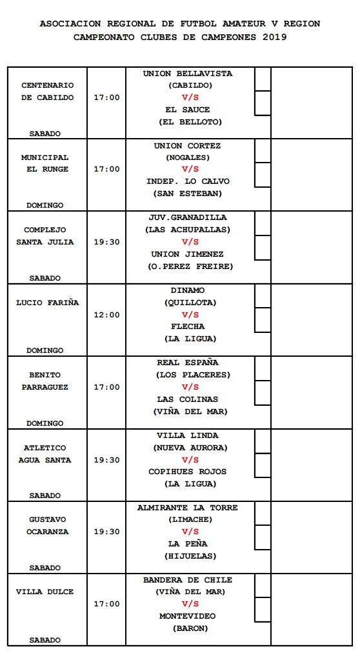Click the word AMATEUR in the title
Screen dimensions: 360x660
coord(235,23)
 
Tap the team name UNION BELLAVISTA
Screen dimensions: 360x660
coord(188,74)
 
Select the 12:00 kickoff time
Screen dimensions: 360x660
coord(106,315)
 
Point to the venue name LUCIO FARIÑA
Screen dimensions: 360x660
coord(48,303)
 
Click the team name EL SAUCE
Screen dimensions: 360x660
coord(188,110)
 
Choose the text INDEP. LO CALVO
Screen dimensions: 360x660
coord(188,181)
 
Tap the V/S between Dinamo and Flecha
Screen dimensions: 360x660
coord(190,315)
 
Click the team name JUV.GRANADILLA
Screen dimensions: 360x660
coord(188,217)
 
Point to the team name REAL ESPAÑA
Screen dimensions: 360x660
coord(188,363)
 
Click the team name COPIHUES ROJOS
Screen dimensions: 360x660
coord(188,472)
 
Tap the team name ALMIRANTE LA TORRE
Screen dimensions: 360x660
coord(188,508)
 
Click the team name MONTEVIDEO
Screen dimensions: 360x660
coord(188,616)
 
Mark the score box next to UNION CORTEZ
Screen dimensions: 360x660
coord(263,151)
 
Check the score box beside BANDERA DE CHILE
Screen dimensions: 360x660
coord(263,585)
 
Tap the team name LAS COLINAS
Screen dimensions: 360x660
coord(188,399)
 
